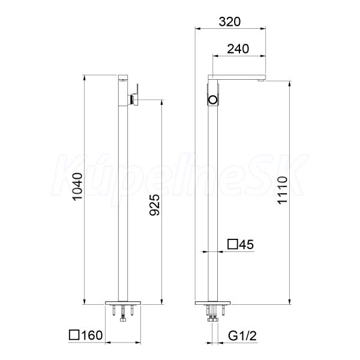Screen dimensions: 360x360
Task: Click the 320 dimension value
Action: [x=230, y=22]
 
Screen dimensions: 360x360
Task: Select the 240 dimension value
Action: [x=238, y=49]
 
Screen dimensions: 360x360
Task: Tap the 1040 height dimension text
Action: [x=77, y=187]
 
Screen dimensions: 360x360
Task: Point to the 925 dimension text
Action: [x=154, y=205]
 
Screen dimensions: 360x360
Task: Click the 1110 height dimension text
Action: [x=282, y=190]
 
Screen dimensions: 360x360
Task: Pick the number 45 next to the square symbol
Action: [x=247, y=244]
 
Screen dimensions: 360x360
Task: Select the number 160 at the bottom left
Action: [x=92, y=335]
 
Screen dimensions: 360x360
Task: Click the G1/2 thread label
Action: [x=242, y=336]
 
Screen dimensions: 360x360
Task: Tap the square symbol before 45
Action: [x=233, y=244]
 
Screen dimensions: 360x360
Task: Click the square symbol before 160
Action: [x=74, y=335]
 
